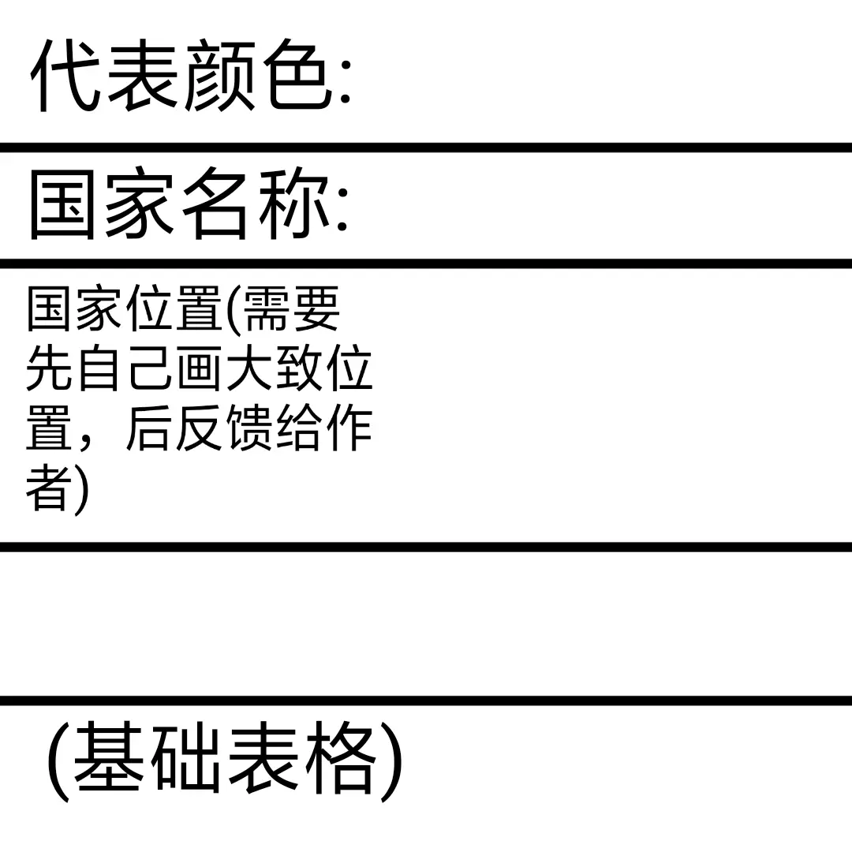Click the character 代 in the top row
[x=65, y=76]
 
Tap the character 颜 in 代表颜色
[x=219, y=76]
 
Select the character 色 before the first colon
[x=295, y=76]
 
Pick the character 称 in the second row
[x=295, y=204]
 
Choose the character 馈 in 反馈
[x=250, y=430]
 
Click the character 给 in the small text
[x=300, y=430]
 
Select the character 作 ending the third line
[x=349, y=430]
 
